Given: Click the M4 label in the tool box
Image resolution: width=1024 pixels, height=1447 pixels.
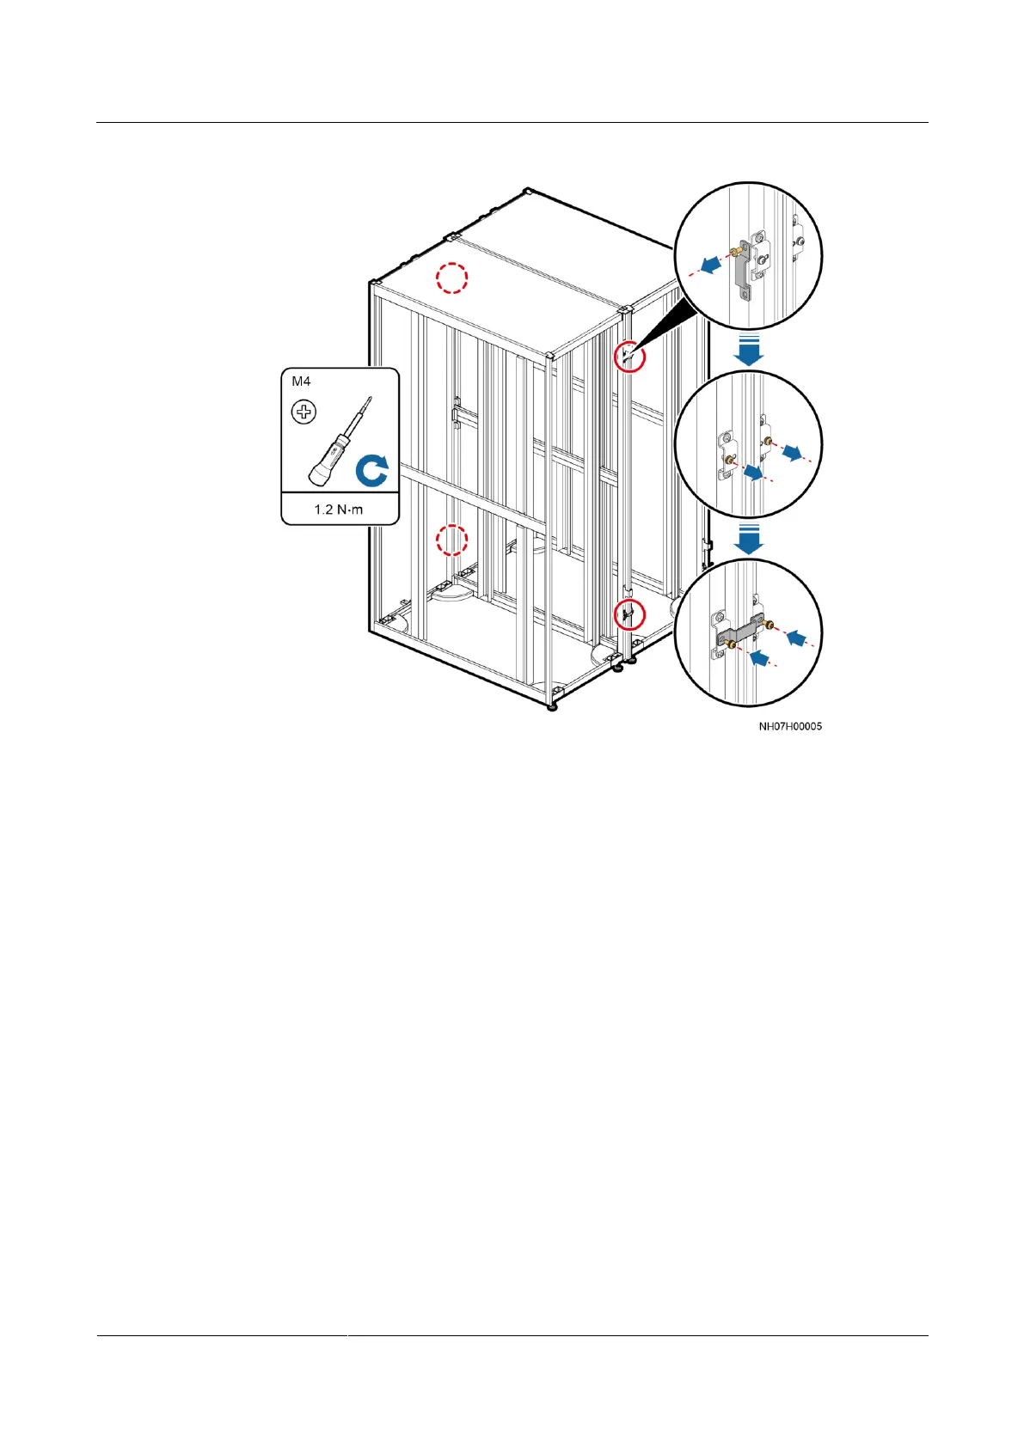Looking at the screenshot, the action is point(301,382).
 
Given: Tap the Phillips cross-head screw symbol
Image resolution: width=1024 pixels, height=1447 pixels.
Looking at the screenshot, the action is point(304,412).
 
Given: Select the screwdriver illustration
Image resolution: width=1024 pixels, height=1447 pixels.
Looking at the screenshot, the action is point(340,443).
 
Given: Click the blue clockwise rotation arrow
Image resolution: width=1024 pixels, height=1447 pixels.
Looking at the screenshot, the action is point(372,471).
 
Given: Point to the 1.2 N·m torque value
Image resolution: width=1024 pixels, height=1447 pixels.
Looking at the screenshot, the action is point(339,510).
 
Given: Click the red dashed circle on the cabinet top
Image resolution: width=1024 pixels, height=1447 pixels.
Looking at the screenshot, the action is point(451,278).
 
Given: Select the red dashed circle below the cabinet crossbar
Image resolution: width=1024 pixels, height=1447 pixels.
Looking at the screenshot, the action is point(451,540).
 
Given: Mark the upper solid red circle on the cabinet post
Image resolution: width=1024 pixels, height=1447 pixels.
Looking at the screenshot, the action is point(630,355).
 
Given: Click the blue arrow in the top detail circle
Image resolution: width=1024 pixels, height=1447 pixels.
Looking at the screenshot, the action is point(709,267).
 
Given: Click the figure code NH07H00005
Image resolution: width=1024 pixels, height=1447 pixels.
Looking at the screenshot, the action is point(789,726).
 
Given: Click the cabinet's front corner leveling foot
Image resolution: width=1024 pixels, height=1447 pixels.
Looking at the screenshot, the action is point(551,705).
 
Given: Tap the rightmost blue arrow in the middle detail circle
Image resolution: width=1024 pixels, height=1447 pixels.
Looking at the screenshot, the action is point(793,453).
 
